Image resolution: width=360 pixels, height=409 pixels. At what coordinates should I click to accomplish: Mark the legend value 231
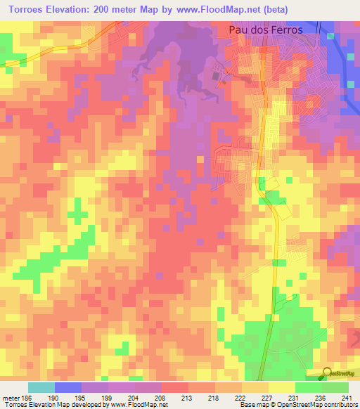pos(295,397)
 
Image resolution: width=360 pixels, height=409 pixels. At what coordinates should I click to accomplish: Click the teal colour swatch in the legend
pos(41,387)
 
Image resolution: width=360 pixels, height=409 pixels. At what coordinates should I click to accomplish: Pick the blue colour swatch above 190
pos(68,387)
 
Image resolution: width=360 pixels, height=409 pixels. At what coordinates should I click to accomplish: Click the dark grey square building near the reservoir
pos(217,75)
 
